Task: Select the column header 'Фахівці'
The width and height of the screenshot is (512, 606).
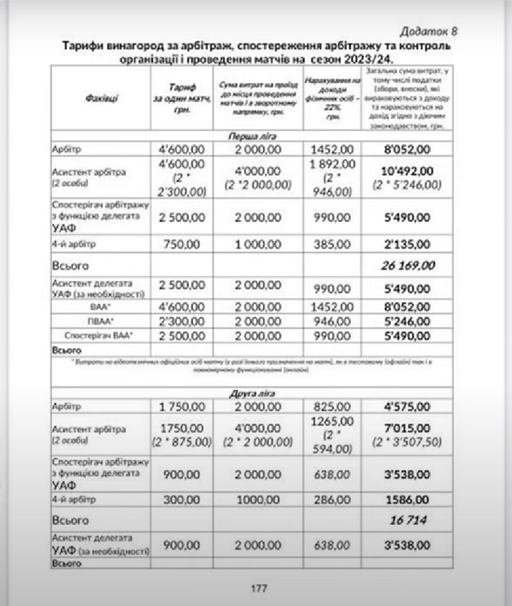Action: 101,99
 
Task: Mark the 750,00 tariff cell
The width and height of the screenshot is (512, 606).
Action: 183,245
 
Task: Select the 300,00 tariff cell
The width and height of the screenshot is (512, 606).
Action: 183,500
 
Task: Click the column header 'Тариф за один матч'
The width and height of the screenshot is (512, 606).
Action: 183,99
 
